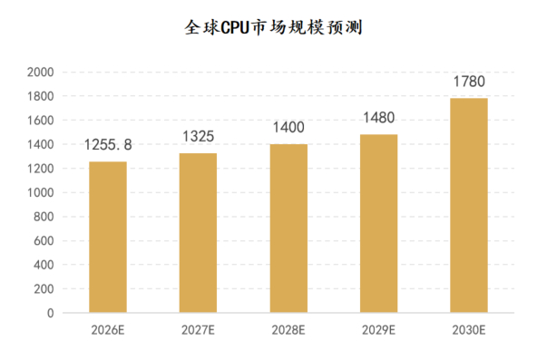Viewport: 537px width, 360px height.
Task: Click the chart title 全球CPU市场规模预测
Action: coord(273,27)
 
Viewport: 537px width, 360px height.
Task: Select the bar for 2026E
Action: coord(108,237)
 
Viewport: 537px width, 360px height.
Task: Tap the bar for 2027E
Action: coord(198,233)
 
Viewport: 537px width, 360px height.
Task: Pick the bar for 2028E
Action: coord(288,229)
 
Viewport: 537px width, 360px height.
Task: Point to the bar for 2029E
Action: coord(379,223)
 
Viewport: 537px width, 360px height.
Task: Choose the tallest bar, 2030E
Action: coord(469,205)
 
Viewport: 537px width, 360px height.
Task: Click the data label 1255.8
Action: coord(108,145)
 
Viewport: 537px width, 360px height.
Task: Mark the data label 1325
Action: coord(199,137)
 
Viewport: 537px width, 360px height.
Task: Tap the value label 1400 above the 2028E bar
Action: coord(288,127)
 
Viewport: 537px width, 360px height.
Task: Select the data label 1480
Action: coord(379,118)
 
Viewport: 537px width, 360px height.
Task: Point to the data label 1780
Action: coord(469,82)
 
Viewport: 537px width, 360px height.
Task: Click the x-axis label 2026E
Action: coord(108,330)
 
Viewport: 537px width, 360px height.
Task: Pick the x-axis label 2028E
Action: coord(288,330)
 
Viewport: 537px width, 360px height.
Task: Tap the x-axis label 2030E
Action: coord(469,330)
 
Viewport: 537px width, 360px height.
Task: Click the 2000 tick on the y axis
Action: coord(41,73)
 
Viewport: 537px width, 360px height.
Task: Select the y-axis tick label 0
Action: coord(51,313)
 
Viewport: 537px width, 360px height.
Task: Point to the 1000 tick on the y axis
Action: coord(41,192)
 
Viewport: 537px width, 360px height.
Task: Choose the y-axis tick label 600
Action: coord(44,241)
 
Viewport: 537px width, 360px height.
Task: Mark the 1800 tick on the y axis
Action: coord(41,96)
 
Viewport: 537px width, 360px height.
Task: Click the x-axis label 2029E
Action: coord(379,330)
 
